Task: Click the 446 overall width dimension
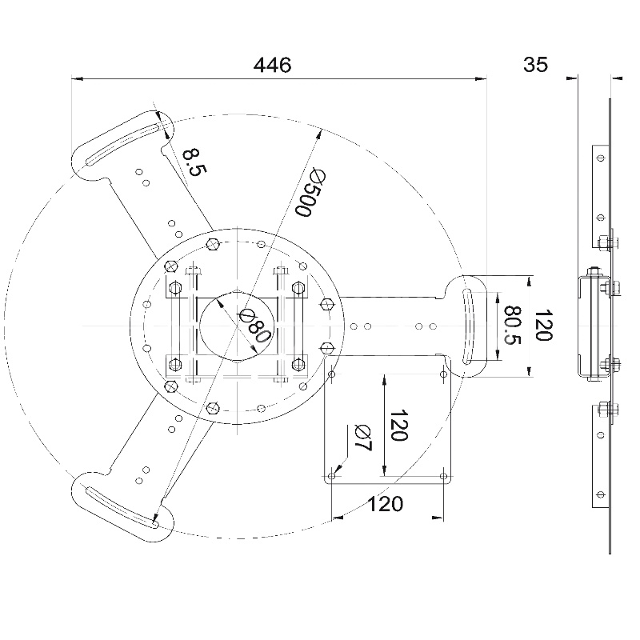272,65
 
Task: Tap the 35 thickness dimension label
536,65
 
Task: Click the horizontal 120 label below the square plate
386,503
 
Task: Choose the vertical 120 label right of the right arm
543,326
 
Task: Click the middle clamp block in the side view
590,326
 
